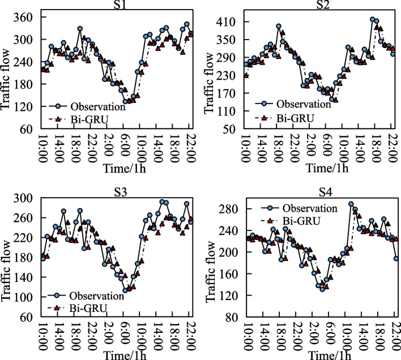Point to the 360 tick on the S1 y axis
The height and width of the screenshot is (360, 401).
[x=26, y=17]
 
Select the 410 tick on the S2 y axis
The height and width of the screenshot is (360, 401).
[x=229, y=22]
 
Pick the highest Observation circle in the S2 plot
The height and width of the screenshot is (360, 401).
[x=372, y=19]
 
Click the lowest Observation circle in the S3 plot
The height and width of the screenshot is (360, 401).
[x=125, y=290]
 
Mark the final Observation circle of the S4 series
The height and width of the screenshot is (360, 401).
[x=396, y=258]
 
